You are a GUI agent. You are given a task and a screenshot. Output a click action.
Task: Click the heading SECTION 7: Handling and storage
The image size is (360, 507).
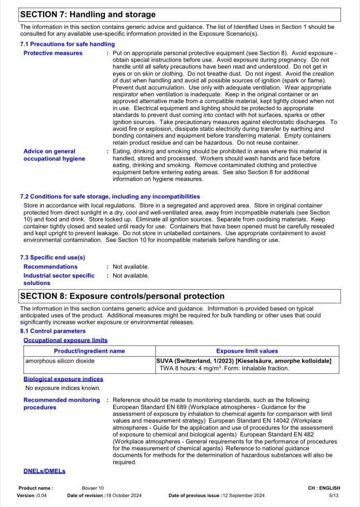87,14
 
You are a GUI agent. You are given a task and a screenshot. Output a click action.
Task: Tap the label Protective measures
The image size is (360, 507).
53,53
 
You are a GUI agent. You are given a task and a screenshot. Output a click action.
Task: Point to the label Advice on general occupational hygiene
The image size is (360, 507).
54,155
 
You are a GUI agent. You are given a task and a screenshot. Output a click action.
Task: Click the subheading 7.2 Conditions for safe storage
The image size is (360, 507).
110,197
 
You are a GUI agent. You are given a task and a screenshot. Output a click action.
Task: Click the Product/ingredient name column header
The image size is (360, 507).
89,351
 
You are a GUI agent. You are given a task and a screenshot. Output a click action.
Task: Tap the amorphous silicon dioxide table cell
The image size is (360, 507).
60,361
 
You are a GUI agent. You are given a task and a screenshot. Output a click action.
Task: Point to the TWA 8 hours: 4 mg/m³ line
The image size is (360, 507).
224,368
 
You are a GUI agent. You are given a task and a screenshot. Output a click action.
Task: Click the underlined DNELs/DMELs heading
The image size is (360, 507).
44,471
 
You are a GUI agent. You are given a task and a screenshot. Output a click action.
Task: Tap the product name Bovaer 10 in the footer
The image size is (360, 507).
93,488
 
